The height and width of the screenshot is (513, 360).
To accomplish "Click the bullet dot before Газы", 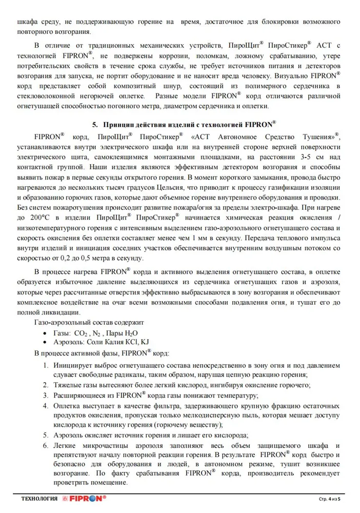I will click(x=47, y=333).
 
